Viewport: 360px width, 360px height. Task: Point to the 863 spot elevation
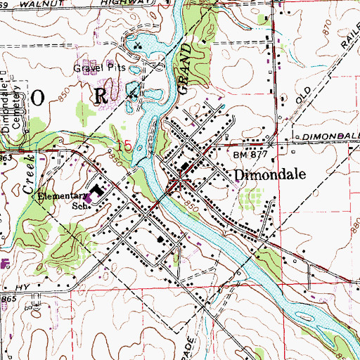tap(8, 160)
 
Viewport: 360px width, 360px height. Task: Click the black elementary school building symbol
tap(98, 191)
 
